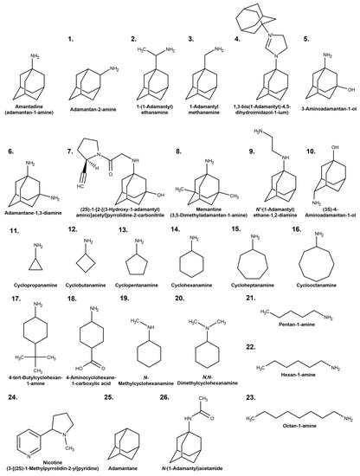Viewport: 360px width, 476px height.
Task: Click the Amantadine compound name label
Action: coord(32,108)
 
